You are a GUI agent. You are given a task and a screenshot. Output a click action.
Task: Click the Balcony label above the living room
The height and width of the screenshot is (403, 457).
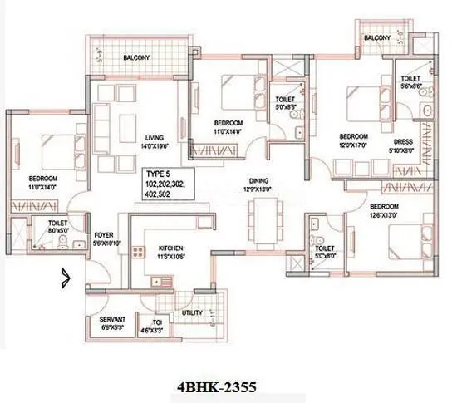coord(137,58)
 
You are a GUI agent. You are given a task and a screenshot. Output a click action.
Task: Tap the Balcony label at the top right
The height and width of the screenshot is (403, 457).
coord(377,39)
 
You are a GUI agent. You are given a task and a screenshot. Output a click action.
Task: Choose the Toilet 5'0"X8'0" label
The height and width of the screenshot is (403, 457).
coord(325,252)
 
